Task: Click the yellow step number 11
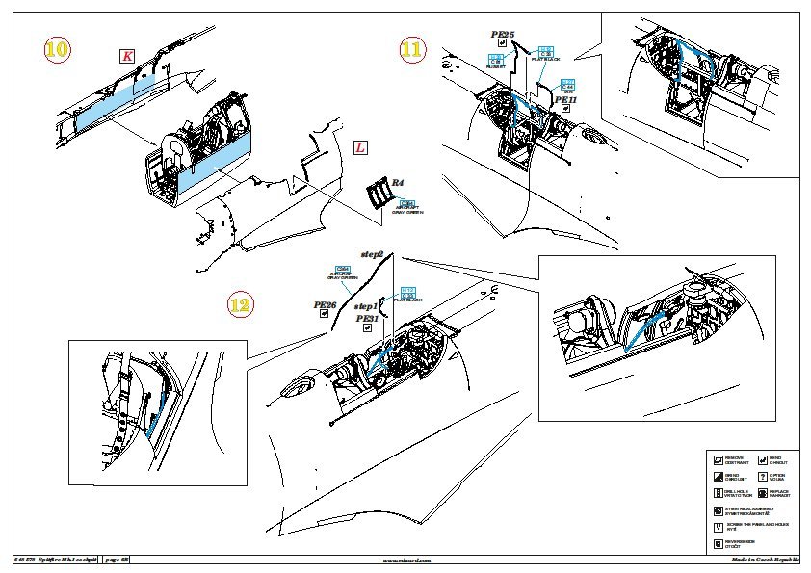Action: [x=411, y=50]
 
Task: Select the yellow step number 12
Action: [x=240, y=305]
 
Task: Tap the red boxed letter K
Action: [x=127, y=56]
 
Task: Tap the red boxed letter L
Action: [x=359, y=148]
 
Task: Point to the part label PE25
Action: [x=503, y=35]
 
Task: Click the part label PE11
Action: [x=565, y=98]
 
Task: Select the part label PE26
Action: [x=325, y=305]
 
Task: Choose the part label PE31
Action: [x=367, y=318]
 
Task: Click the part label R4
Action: [x=396, y=183]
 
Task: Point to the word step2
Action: [x=372, y=253]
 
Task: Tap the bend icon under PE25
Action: [x=503, y=45]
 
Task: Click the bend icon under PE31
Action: [x=367, y=328]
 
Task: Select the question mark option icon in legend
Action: [x=762, y=476]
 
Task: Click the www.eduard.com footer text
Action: [x=406, y=560]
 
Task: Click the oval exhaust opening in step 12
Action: [x=295, y=388]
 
